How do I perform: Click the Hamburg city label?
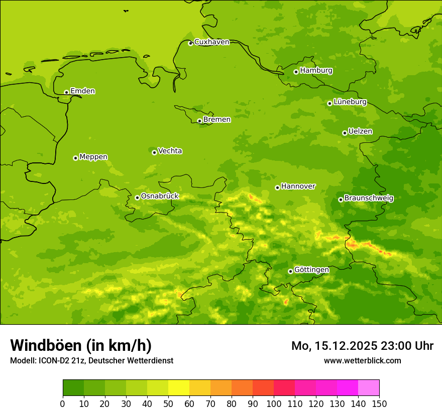[316, 71]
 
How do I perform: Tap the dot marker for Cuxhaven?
[190, 43]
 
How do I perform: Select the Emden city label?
[82, 91]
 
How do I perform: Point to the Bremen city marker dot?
[199, 121]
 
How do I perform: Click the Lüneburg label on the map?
[350, 102]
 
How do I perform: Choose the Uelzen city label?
[360, 131]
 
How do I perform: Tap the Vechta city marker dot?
[154, 152]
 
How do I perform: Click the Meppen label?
[93, 157]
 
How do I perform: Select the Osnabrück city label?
[160, 196]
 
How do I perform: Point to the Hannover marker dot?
[277, 187]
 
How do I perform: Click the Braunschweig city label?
[369, 198]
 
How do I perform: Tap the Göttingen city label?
[311, 270]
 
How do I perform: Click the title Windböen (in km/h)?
[81, 345]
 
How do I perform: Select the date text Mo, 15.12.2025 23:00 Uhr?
[362, 346]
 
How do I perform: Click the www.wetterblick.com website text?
[362, 361]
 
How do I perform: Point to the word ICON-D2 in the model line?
[55, 361]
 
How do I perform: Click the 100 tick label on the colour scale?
[274, 403]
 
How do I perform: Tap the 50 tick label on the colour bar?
[168, 403]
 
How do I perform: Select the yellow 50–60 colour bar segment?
[179, 388]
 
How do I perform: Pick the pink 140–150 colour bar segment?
[369, 388]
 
